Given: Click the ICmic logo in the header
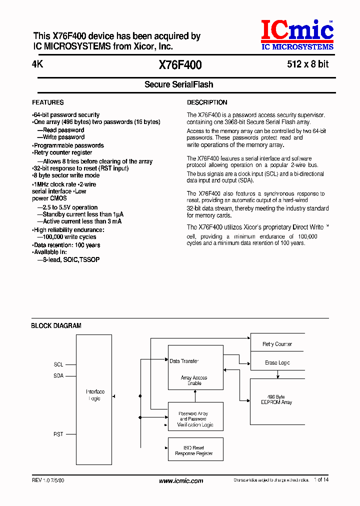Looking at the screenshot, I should [297, 34].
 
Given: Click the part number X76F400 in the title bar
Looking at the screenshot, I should [180, 64].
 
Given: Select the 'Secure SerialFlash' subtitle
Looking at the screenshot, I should [179, 84].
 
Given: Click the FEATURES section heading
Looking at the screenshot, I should [48, 102].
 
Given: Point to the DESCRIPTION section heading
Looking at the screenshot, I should [207, 102].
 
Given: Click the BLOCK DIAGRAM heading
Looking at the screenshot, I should [56, 325].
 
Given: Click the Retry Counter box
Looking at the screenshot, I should [277, 344].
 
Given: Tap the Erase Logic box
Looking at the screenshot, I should [277, 362].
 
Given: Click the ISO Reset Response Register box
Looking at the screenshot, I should [195, 450].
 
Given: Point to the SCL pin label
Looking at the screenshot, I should [58, 364].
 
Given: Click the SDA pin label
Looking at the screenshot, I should [58, 375].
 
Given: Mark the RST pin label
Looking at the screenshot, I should [58, 434].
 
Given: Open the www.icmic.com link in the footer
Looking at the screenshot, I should [181, 481].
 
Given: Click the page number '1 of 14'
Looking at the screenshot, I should [321, 479].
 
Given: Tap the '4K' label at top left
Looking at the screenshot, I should [36, 64].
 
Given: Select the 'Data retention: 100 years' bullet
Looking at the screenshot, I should [66, 245].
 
